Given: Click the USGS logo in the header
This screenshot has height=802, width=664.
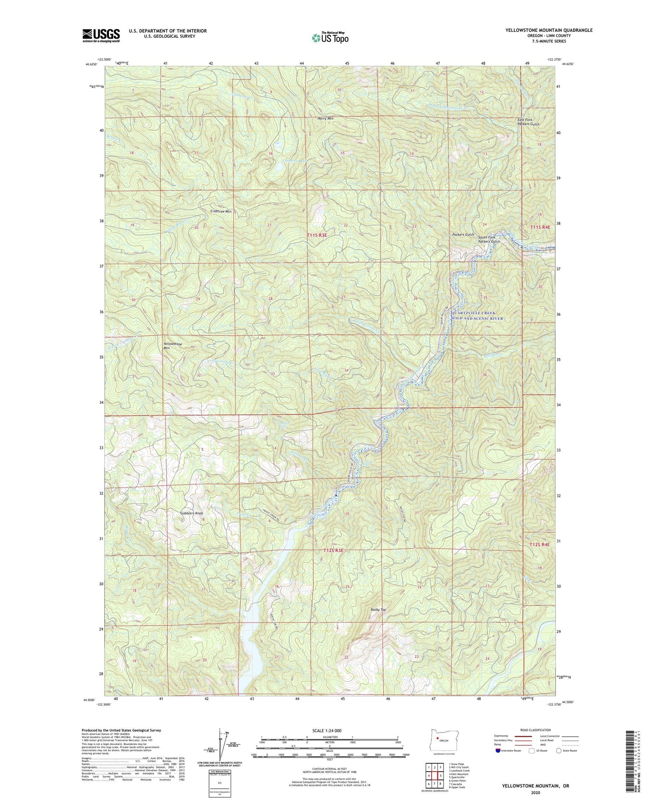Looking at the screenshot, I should pyautogui.click(x=101, y=35).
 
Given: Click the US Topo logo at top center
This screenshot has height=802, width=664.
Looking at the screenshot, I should pyautogui.click(x=330, y=38).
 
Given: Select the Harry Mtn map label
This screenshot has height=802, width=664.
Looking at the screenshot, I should pyautogui.click(x=325, y=119).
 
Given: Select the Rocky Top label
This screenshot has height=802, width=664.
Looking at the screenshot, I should pyautogui.click(x=378, y=610).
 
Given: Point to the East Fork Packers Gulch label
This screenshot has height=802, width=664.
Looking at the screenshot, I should pyautogui.click(x=528, y=122).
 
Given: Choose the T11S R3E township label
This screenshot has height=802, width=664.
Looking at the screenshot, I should pyautogui.click(x=317, y=235).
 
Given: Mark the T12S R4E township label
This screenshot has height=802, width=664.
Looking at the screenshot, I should pyautogui.click(x=539, y=544).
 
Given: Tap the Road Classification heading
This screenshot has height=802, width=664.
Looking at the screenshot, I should pyautogui.click(x=536, y=730).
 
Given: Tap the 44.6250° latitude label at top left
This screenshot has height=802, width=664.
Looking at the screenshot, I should pyautogui.click(x=90, y=64).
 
